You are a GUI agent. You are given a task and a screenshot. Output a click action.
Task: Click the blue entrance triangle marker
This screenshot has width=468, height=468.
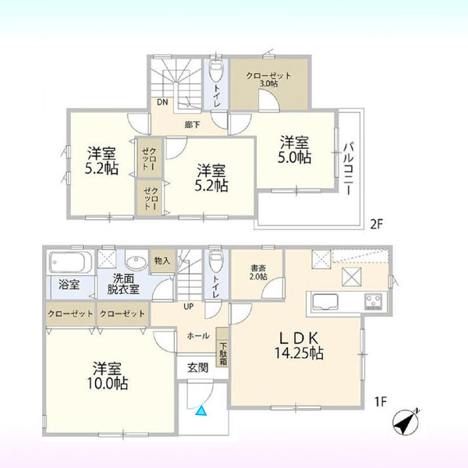coord(201,411)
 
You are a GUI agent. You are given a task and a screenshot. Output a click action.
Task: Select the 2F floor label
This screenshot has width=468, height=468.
coord(376,224)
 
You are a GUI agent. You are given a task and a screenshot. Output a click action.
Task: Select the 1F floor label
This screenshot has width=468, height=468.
coord(381,402)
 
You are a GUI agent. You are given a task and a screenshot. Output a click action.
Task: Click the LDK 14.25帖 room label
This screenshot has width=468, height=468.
coord(299,346)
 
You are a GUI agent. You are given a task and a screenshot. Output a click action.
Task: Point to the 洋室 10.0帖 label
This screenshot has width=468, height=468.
coord(108,376)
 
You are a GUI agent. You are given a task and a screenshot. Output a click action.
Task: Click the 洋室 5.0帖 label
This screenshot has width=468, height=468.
coord(295,150)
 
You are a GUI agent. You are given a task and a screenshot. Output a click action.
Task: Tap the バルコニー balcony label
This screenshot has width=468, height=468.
coord(348,169)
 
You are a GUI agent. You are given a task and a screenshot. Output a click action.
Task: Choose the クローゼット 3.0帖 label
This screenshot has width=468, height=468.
coord(268,80)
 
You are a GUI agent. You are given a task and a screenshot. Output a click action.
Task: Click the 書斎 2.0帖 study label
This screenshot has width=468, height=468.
coord(258,272)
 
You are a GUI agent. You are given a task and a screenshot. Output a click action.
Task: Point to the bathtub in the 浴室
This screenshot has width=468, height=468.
coord(70,262)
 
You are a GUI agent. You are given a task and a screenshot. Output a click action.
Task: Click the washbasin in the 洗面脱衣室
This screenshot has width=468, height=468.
coord(136,263)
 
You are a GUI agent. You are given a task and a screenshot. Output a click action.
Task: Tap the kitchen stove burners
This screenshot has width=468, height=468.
coord(373,301)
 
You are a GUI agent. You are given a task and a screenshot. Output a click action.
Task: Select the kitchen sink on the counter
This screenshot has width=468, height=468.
coord(325,303)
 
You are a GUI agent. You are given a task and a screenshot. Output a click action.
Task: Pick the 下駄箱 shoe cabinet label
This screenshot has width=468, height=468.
coord(224,354)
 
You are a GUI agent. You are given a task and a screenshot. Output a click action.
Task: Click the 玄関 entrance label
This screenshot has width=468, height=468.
coord(197,367)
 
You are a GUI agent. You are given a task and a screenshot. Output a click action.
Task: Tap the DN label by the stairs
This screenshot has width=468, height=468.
coord(163,102)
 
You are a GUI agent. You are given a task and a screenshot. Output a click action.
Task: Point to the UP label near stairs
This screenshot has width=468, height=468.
coord(189,307)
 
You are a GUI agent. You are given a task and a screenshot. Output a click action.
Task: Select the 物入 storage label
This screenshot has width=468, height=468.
coord(162,261)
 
